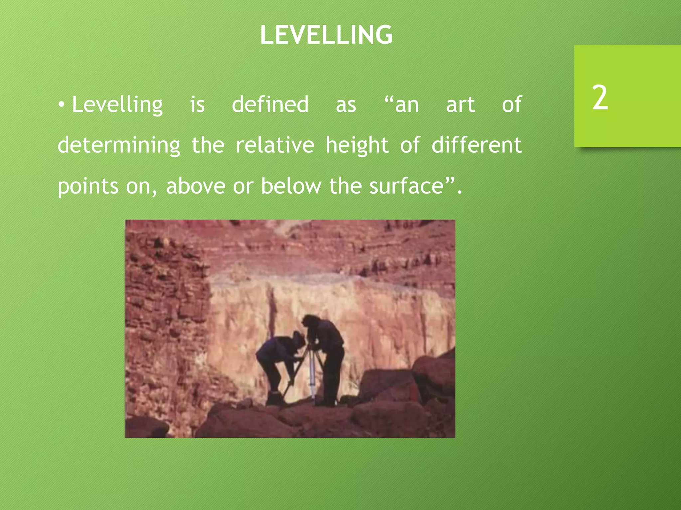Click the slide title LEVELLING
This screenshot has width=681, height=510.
[x=326, y=35]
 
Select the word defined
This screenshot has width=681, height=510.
[x=270, y=104]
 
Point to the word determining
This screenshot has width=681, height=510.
[x=119, y=145]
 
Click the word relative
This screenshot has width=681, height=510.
[x=275, y=145]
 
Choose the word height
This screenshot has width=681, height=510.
[x=357, y=145]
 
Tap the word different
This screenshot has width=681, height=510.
[x=477, y=145]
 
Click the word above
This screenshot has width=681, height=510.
[x=196, y=186]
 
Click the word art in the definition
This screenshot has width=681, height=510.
[x=460, y=104]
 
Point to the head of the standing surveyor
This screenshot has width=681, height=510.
[x=310, y=321]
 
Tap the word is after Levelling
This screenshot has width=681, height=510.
[x=198, y=104]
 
